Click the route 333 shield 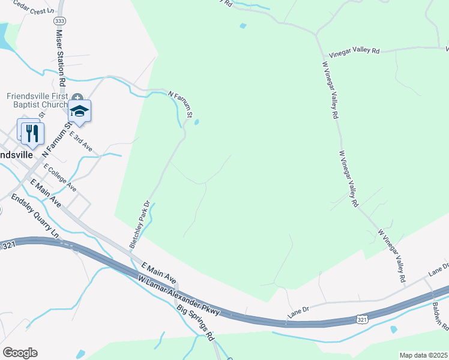pos(59,20)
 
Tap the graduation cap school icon pos(79,111)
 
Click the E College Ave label pos(59,177)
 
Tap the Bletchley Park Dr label pos(139,224)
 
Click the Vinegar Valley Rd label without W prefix pos(351,52)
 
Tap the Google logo pos(20,353)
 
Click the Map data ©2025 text pos(423,355)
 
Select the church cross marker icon pos(77,97)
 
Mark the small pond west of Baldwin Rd pos(394,329)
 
